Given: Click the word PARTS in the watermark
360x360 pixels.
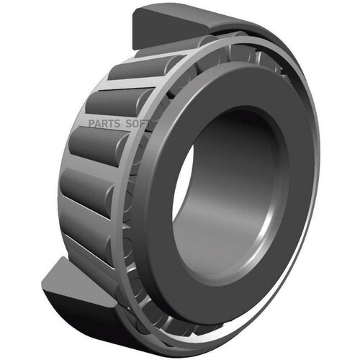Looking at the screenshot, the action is [x=104, y=124].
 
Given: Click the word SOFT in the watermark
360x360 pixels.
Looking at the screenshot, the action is [x=138, y=124].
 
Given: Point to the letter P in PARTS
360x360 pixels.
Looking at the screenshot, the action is [x=91, y=124].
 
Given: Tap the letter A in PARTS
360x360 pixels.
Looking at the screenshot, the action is [x=98, y=124].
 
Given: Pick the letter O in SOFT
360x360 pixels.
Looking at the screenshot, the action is [x=135, y=124].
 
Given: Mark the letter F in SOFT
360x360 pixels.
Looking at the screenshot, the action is [x=142, y=124].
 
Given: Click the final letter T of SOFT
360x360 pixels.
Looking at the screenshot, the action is [x=147, y=124].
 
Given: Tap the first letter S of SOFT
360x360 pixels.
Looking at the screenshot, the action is [x=129, y=124].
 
